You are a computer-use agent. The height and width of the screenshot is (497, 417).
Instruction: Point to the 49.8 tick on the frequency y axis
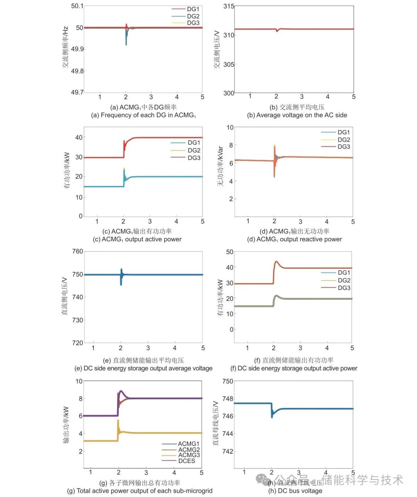[77, 71]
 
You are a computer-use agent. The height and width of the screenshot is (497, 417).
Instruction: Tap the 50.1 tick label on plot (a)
[77, 6]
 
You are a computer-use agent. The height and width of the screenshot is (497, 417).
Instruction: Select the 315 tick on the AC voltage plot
[229, 6]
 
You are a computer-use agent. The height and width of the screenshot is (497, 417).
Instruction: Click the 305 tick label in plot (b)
[229, 64]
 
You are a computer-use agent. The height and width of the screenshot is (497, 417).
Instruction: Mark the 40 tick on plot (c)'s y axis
[79, 137]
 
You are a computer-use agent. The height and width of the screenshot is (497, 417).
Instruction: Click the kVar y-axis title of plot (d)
[220, 166]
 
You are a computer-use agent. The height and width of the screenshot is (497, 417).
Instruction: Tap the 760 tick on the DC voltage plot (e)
[78, 251]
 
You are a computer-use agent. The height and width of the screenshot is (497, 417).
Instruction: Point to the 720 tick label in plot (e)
[78, 343]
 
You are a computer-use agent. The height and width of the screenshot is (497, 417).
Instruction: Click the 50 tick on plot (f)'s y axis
[230, 252]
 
